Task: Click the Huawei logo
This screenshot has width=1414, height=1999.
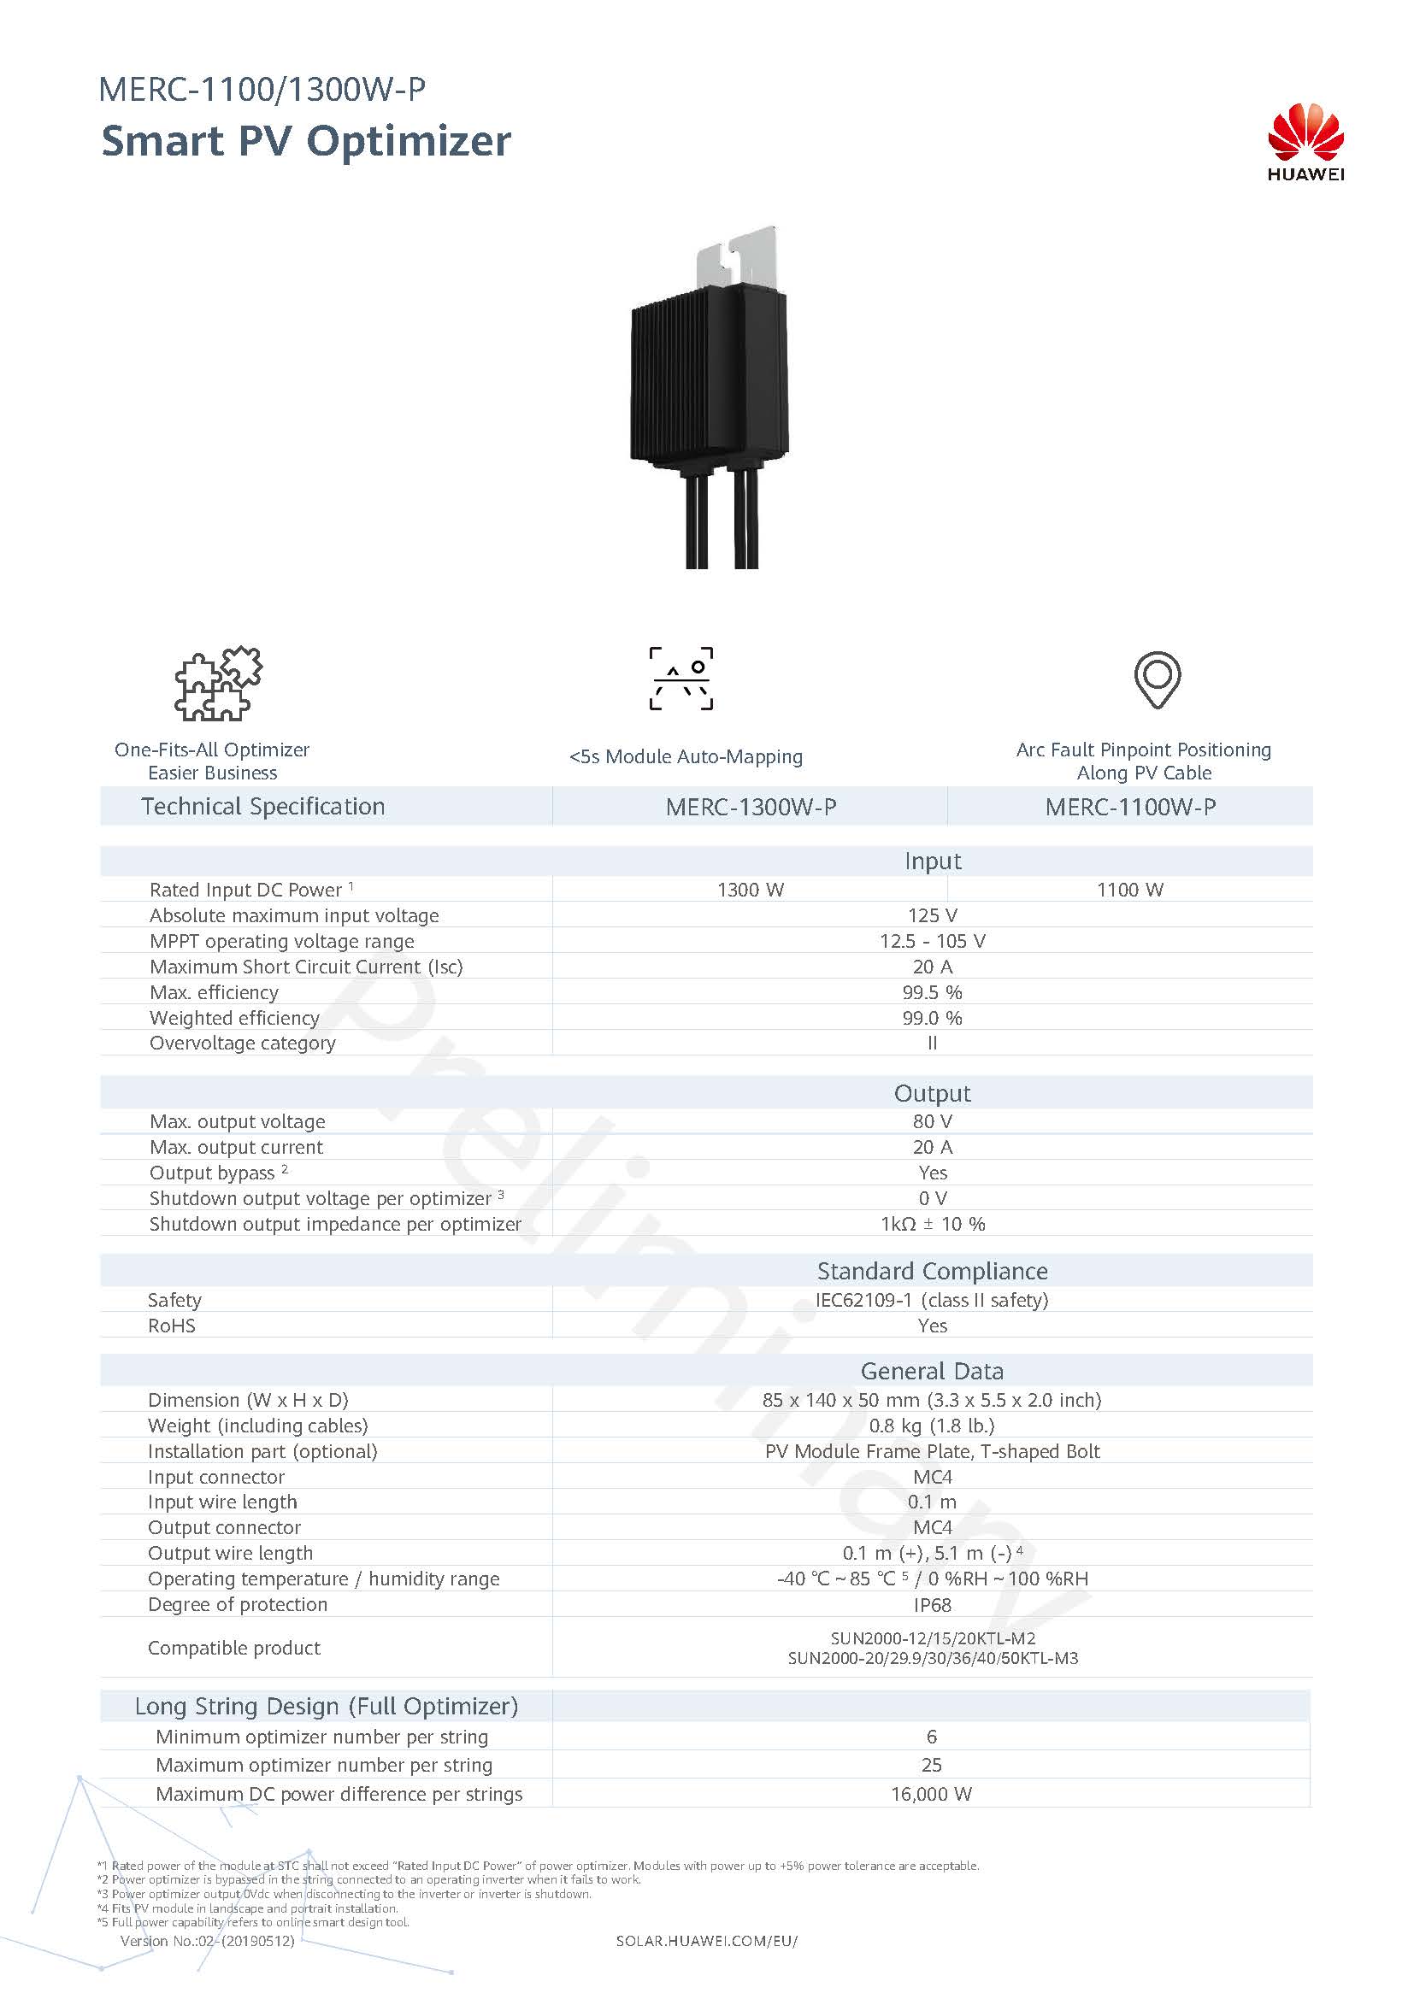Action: point(1305,141)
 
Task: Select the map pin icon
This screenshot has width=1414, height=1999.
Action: point(1158,679)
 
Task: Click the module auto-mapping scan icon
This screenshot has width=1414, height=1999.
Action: point(680,679)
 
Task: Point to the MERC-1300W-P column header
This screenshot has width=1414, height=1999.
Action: point(751,807)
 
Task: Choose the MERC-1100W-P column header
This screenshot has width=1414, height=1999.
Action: point(1130,807)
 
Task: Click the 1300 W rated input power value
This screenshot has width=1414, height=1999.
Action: point(751,890)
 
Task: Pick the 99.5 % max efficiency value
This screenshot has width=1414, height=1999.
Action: point(932,992)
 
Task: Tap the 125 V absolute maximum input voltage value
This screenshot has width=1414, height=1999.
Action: point(932,916)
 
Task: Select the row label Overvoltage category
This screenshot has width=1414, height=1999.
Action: point(242,1043)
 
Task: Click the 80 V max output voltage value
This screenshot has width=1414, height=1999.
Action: point(932,1121)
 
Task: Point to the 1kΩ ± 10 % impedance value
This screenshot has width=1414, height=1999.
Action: point(932,1224)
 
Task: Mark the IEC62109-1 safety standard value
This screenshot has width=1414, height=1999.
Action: point(932,1300)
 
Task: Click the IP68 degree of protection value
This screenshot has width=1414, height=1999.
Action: point(932,1605)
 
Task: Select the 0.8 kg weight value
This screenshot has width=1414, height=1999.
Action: point(932,1426)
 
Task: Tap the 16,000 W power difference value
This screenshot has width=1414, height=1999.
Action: point(931,1794)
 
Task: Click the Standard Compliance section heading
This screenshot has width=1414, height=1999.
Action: point(932,1271)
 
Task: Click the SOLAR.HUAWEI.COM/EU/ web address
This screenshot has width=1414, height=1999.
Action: point(706,1941)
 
